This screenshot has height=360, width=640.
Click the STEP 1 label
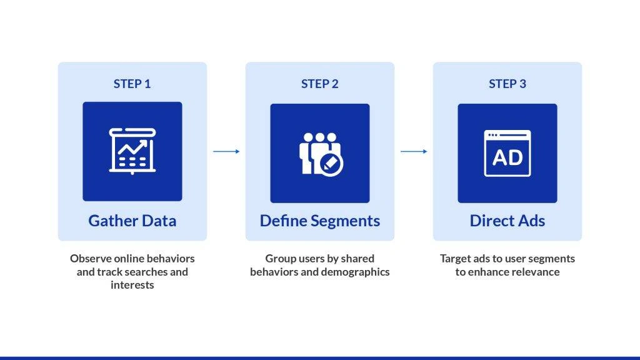pyautogui.click(x=132, y=84)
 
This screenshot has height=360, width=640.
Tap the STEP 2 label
pyautogui.click(x=319, y=84)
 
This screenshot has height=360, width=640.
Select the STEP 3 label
pyautogui.click(x=507, y=84)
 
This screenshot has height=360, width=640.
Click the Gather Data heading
pyautogui.click(x=132, y=221)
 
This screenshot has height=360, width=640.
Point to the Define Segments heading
pyautogui.click(x=319, y=221)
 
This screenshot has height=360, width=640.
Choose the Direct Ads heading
pyautogui.click(x=507, y=221)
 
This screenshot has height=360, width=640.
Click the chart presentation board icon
pyautogui.click(x=132, y=151)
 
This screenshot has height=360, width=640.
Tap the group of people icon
pyautogui.click(x=319, y=153)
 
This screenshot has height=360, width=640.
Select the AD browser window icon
pyautogui.click(x=507, y=153)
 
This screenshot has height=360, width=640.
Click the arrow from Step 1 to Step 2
pyautogui.click(x=226, y=151)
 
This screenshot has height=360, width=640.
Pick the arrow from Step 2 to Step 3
pyautogui.click(x=414, y=151)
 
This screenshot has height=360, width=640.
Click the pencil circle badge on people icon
pyautogui.click(x=331, y=164)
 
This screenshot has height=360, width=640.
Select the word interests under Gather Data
pyautogui.click(x=132, y=285)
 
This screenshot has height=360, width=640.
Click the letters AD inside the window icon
pyautogui.click(x=507, y=157)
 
